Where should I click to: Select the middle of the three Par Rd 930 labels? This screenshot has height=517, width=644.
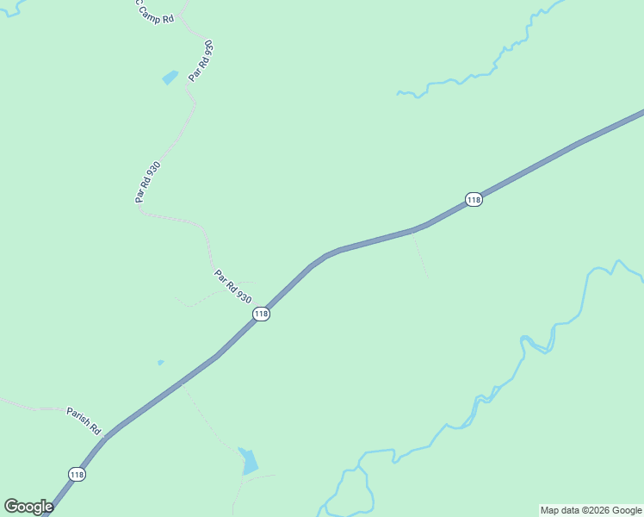[147, 182]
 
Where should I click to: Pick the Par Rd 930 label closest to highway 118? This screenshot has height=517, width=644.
[232, 286]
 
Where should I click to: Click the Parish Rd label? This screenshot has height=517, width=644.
[84, 420]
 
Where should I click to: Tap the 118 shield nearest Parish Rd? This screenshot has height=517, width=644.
[77, 474]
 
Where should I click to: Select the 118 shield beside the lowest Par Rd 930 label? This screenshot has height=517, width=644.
[261, 315]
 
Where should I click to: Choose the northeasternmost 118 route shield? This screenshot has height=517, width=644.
[473, 200]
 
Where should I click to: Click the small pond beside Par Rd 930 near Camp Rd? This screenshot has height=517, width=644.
[170, 78]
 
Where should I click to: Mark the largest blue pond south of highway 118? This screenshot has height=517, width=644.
[249, 463]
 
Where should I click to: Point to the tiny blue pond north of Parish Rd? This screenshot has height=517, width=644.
[160, 363]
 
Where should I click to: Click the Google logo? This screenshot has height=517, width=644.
[28, 506]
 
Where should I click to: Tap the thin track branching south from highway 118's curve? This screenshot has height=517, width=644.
[419, 254]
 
